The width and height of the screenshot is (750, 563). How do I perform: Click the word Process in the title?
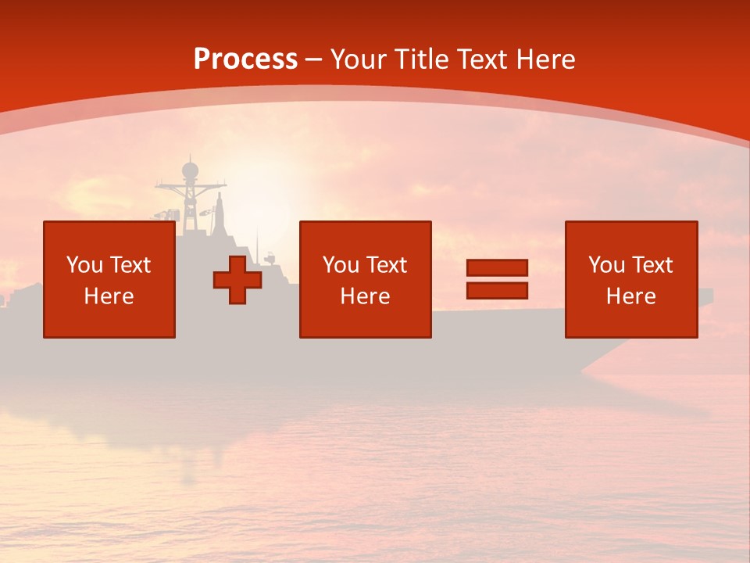[245, 59]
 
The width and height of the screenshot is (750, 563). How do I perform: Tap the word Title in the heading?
[420, 59]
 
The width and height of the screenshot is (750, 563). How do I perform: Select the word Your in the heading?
[359, 59]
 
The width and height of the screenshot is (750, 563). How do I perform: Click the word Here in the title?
[545, 59]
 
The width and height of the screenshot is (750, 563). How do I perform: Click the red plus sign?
[237, 280]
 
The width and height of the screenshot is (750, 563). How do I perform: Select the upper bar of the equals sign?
[497, 268]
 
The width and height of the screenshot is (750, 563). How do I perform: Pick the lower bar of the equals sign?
[497, 290]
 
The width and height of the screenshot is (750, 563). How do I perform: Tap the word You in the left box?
[84, 265]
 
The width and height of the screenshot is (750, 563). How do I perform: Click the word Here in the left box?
[109, 296]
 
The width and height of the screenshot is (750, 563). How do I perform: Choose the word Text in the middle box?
[387, 265]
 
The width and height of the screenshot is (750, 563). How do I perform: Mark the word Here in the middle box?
[365, 296]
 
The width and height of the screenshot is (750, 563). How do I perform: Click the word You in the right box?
[606, 265]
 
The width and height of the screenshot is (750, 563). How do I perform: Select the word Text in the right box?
[652, 265]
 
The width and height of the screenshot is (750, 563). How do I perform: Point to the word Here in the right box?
[630, 296]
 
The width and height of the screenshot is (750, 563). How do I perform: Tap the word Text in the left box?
[130, 265]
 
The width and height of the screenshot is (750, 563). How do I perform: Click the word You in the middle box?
[341, 265]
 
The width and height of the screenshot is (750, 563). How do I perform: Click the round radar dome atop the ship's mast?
[190, 170]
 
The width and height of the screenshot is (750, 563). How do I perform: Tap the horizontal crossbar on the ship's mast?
[190, 186]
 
